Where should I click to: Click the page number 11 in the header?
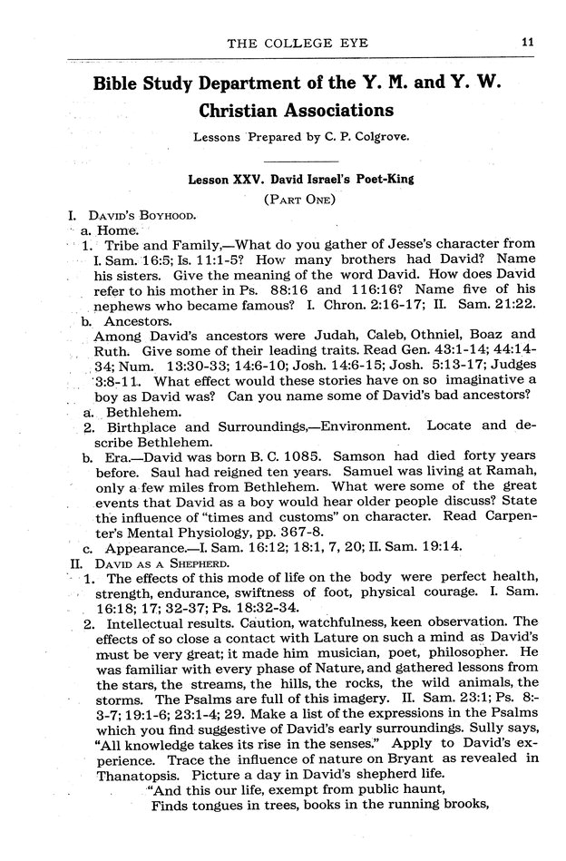click(x=527, y=39)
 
